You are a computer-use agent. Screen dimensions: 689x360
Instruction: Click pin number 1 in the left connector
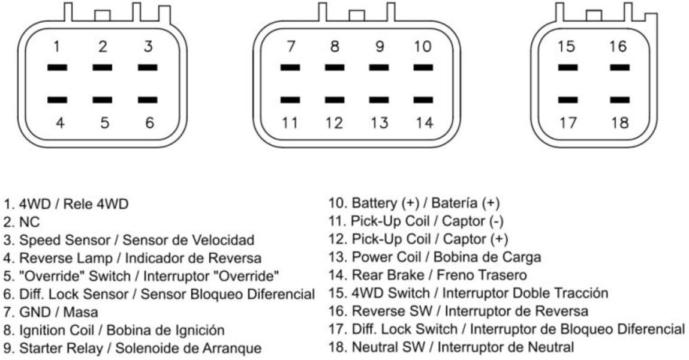pyautogui.click(x=57, y=46)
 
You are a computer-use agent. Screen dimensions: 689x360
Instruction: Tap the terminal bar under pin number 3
pyautogui.click(x=148, y=68)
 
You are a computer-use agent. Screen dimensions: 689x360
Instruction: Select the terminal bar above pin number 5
pyautogui.click(x=103, y=100)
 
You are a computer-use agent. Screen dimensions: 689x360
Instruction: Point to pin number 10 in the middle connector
pyautogui.click(x=423, y=46)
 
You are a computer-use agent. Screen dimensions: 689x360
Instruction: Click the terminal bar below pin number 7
pyautogui.click(x=290, y=68)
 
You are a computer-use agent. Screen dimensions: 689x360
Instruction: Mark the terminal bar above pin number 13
pyautogui.click(x=379, y=100)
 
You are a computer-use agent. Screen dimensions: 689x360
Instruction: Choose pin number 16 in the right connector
pyautogui.click(x=618, y=46)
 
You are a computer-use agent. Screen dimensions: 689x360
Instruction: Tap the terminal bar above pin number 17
pyautogui.click(x=568, y=100)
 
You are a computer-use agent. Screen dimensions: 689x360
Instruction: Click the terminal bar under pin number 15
pyautogui.click(x=568, y=68)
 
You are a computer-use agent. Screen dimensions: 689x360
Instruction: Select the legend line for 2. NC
pyautogui.click(x=22, y=222)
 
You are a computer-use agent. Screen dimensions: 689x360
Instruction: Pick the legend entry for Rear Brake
pyautogui.click(x=428, y=275)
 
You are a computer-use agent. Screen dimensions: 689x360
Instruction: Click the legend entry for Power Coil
pyautogui.click(x=435, y=257)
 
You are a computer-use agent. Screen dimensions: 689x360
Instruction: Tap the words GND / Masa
pyautogui.click(x=58, y=312)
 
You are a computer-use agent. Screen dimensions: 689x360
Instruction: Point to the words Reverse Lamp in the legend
pyautogui.click(x=60, y=258)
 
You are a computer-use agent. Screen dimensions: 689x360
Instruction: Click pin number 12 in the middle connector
pyautogui.click(x=333, y=122)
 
